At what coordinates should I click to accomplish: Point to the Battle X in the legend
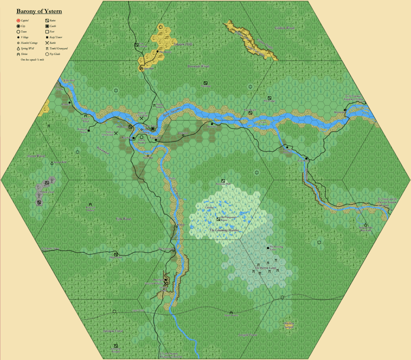click(47, 42)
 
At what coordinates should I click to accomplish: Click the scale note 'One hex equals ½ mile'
click(33, 59)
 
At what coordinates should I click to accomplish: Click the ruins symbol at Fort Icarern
click(137, 44)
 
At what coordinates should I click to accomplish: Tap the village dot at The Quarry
click(157, 52)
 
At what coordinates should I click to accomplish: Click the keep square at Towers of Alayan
click(88, 131)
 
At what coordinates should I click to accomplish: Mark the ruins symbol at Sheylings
click(204, 83)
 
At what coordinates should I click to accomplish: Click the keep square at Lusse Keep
click(306, 159)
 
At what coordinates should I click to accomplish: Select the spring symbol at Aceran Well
click(52, 164)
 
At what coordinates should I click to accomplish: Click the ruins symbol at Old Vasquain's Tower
click(218, 219)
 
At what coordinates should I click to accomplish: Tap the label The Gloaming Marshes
click(224, 231)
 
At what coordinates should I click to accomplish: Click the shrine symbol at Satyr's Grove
click(231, 313)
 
